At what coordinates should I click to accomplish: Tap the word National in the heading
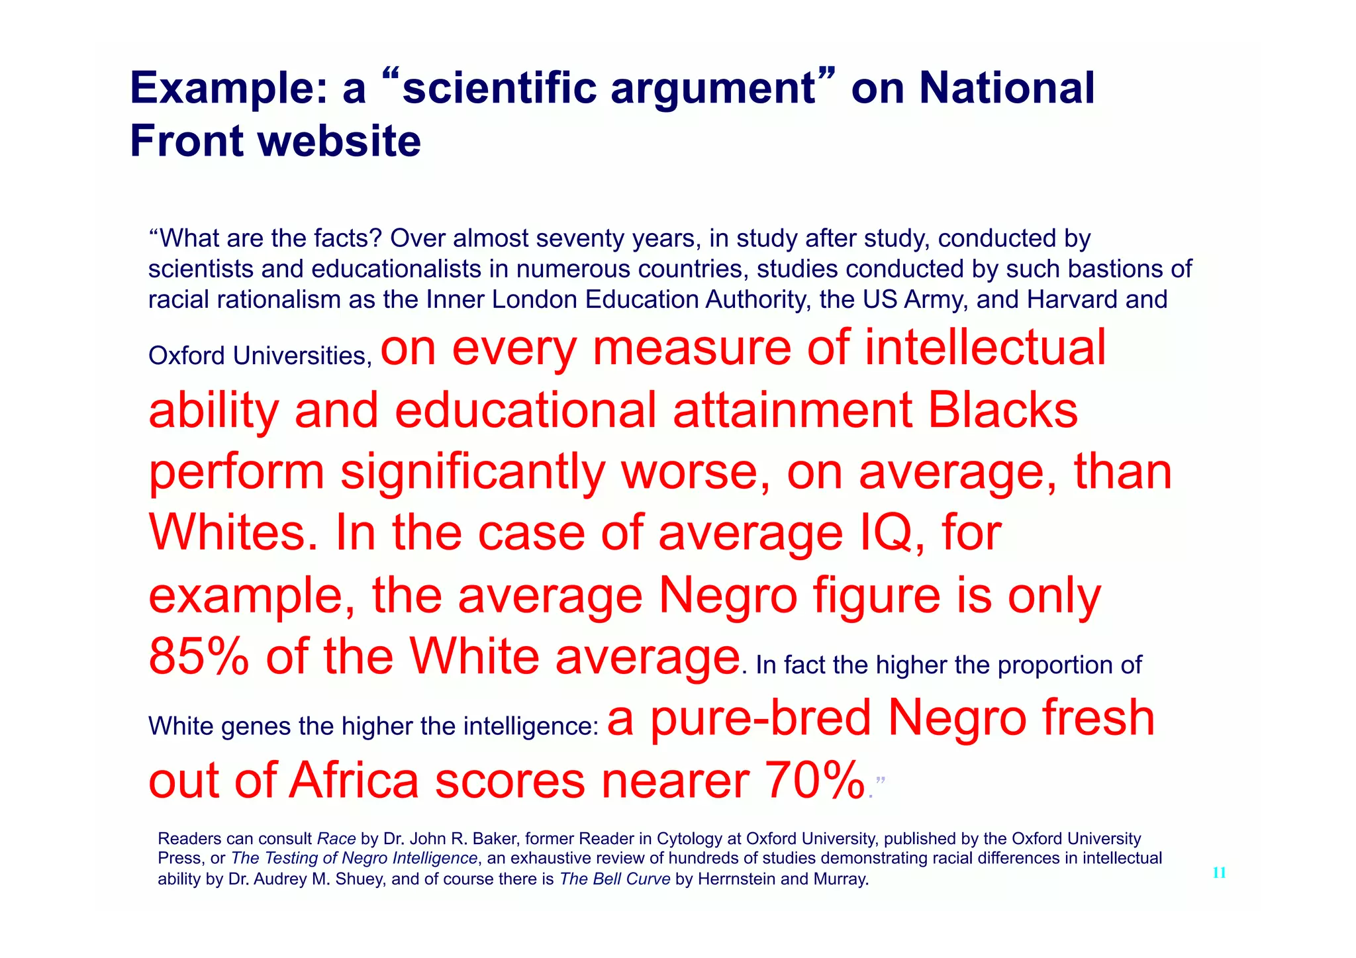[1006, 88]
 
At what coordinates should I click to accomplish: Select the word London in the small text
[535, 300]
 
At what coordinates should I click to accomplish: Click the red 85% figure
[199, 657]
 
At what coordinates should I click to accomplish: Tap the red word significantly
[473, 471]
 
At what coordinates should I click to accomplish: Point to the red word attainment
[793, 410]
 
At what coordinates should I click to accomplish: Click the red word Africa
[354, 780]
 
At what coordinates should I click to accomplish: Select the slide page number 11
[1219, 873]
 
